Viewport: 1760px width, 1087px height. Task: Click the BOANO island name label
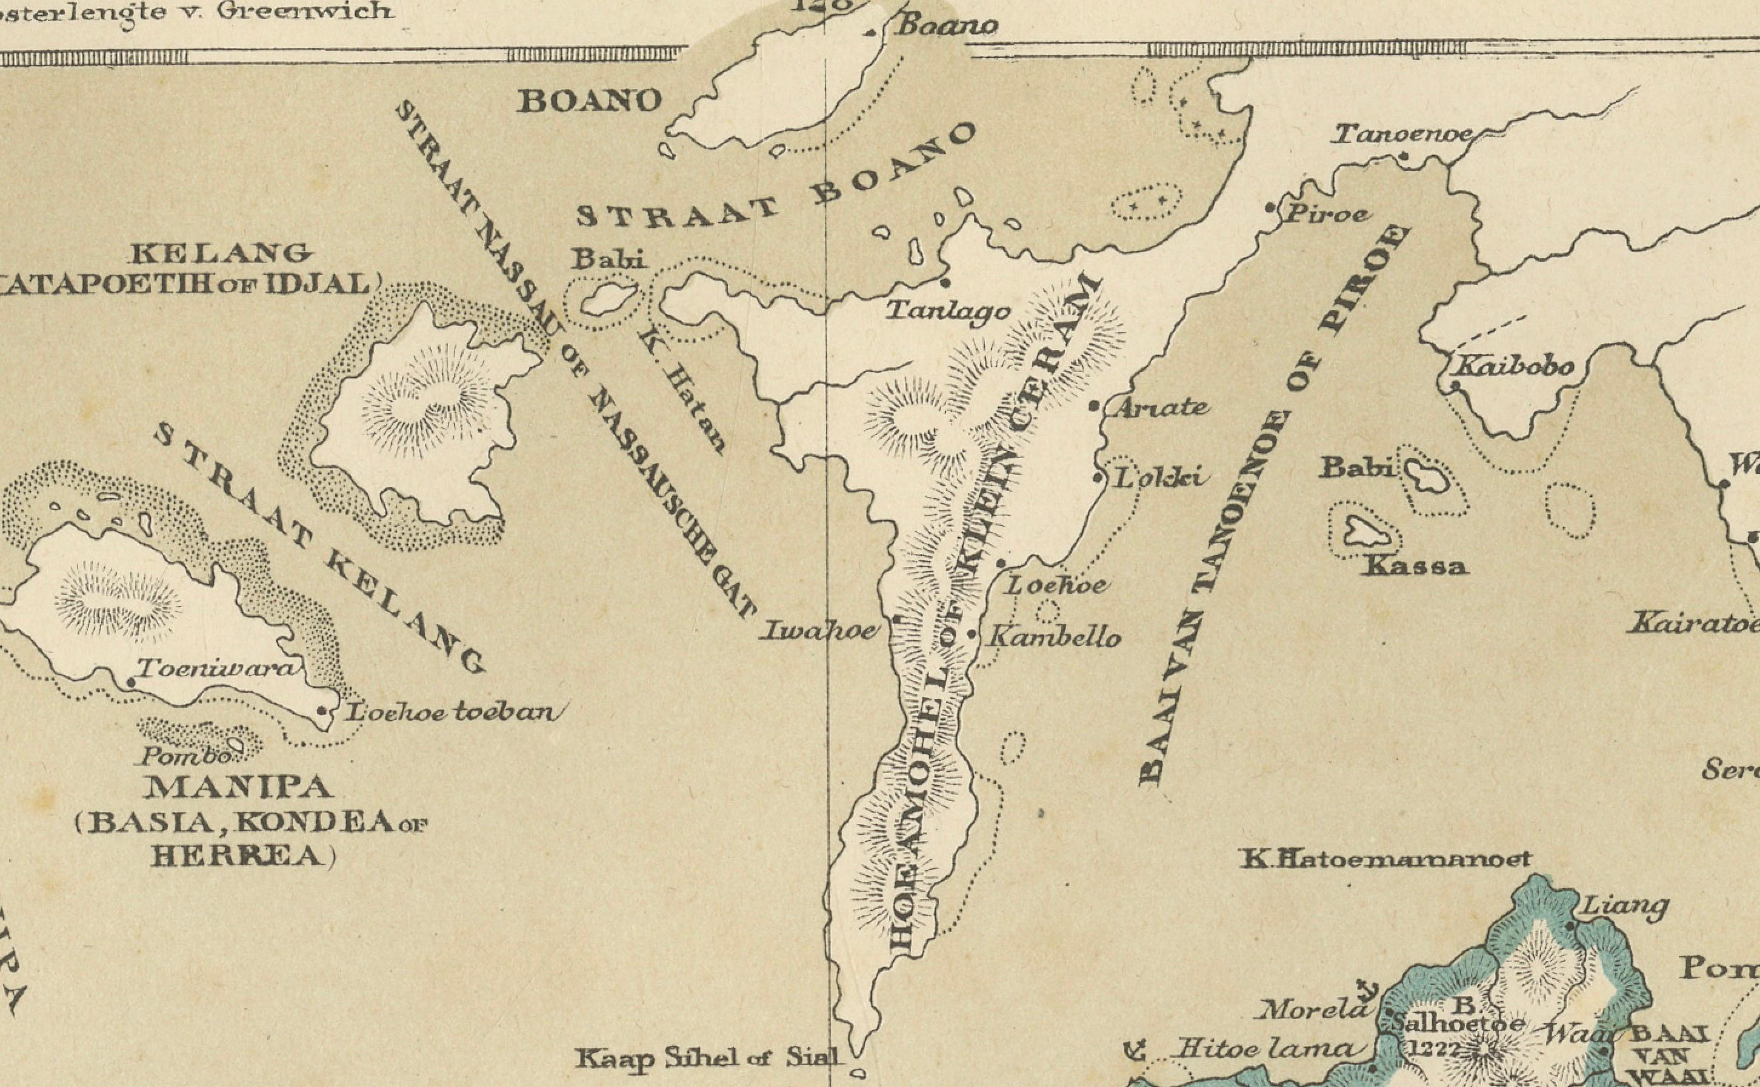[x=590, y=101]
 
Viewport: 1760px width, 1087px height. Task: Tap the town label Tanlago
[x=948, y=311]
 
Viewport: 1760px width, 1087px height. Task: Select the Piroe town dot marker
[x=1270, y=208]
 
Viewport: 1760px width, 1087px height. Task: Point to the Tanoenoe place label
[x=1402, y=135]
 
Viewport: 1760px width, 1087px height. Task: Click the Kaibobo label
[x=1514, y=366]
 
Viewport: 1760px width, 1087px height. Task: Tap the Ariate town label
[x=1161, y=408]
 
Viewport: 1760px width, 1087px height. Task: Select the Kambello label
[x=1055, y=637]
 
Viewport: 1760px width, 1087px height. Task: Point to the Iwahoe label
[x=819, y=631]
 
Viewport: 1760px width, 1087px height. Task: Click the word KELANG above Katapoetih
[x=220, y=253]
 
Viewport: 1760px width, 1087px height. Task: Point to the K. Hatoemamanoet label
[x=1385, y=859]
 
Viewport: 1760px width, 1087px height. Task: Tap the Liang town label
[x=1622, y=906]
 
